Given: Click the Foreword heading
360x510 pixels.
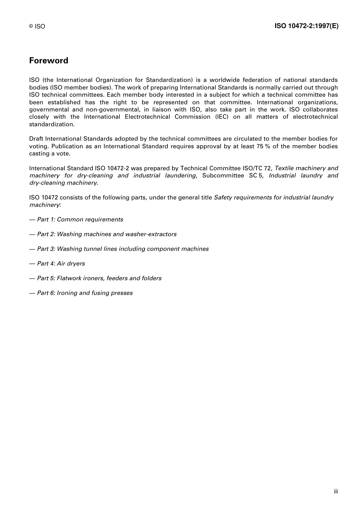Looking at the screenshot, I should [x=49, y=61].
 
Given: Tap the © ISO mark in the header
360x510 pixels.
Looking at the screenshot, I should [x=37, y=27].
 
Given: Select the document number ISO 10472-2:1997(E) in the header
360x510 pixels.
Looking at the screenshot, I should [x=306, y=26].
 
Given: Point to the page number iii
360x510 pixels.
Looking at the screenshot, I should [x=336, y=491].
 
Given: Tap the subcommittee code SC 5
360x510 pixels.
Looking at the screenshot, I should [x=256, y=176].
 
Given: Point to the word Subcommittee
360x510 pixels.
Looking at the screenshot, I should [x=223, y=176].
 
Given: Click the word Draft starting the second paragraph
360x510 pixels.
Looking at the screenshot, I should [x=37, y=139].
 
